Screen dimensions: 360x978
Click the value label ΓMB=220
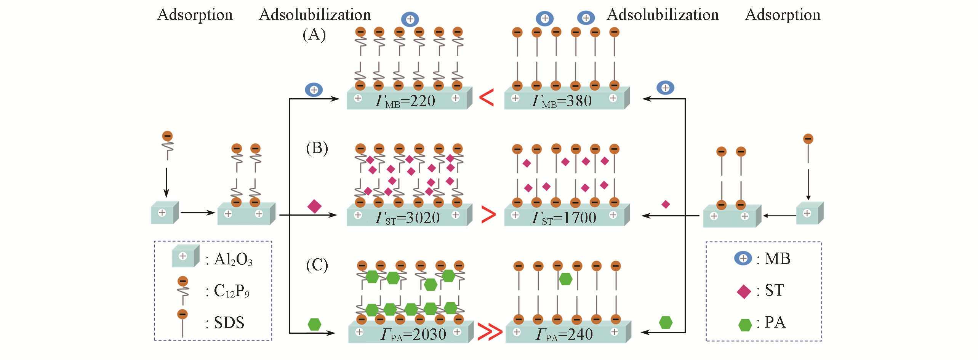coord(405,101)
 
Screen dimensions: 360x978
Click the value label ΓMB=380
coord(562,101)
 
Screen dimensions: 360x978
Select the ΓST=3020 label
coord(407,218)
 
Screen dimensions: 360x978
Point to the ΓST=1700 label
coord(564,218)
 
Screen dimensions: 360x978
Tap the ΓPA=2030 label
coord(413,334)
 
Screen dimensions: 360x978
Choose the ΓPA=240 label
coord(564,334)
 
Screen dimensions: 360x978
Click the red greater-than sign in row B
coord(488,214)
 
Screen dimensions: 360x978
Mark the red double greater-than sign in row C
coord(490,331)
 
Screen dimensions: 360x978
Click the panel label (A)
coord(314,35)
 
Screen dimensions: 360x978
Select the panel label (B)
coord(317,148)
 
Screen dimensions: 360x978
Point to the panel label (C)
coord(317,265)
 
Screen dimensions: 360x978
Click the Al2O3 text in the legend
coord(233,259)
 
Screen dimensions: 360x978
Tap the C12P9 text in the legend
coord(232,291)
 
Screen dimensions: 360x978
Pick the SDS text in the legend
coord(229,323)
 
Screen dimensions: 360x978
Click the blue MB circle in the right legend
coord(743,258)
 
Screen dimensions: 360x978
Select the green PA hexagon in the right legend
coord(745,325)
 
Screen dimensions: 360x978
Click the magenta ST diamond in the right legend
coord(744,292)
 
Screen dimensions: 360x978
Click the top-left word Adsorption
coord(195,15)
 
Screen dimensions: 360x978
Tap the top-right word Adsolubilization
coord(663,15)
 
